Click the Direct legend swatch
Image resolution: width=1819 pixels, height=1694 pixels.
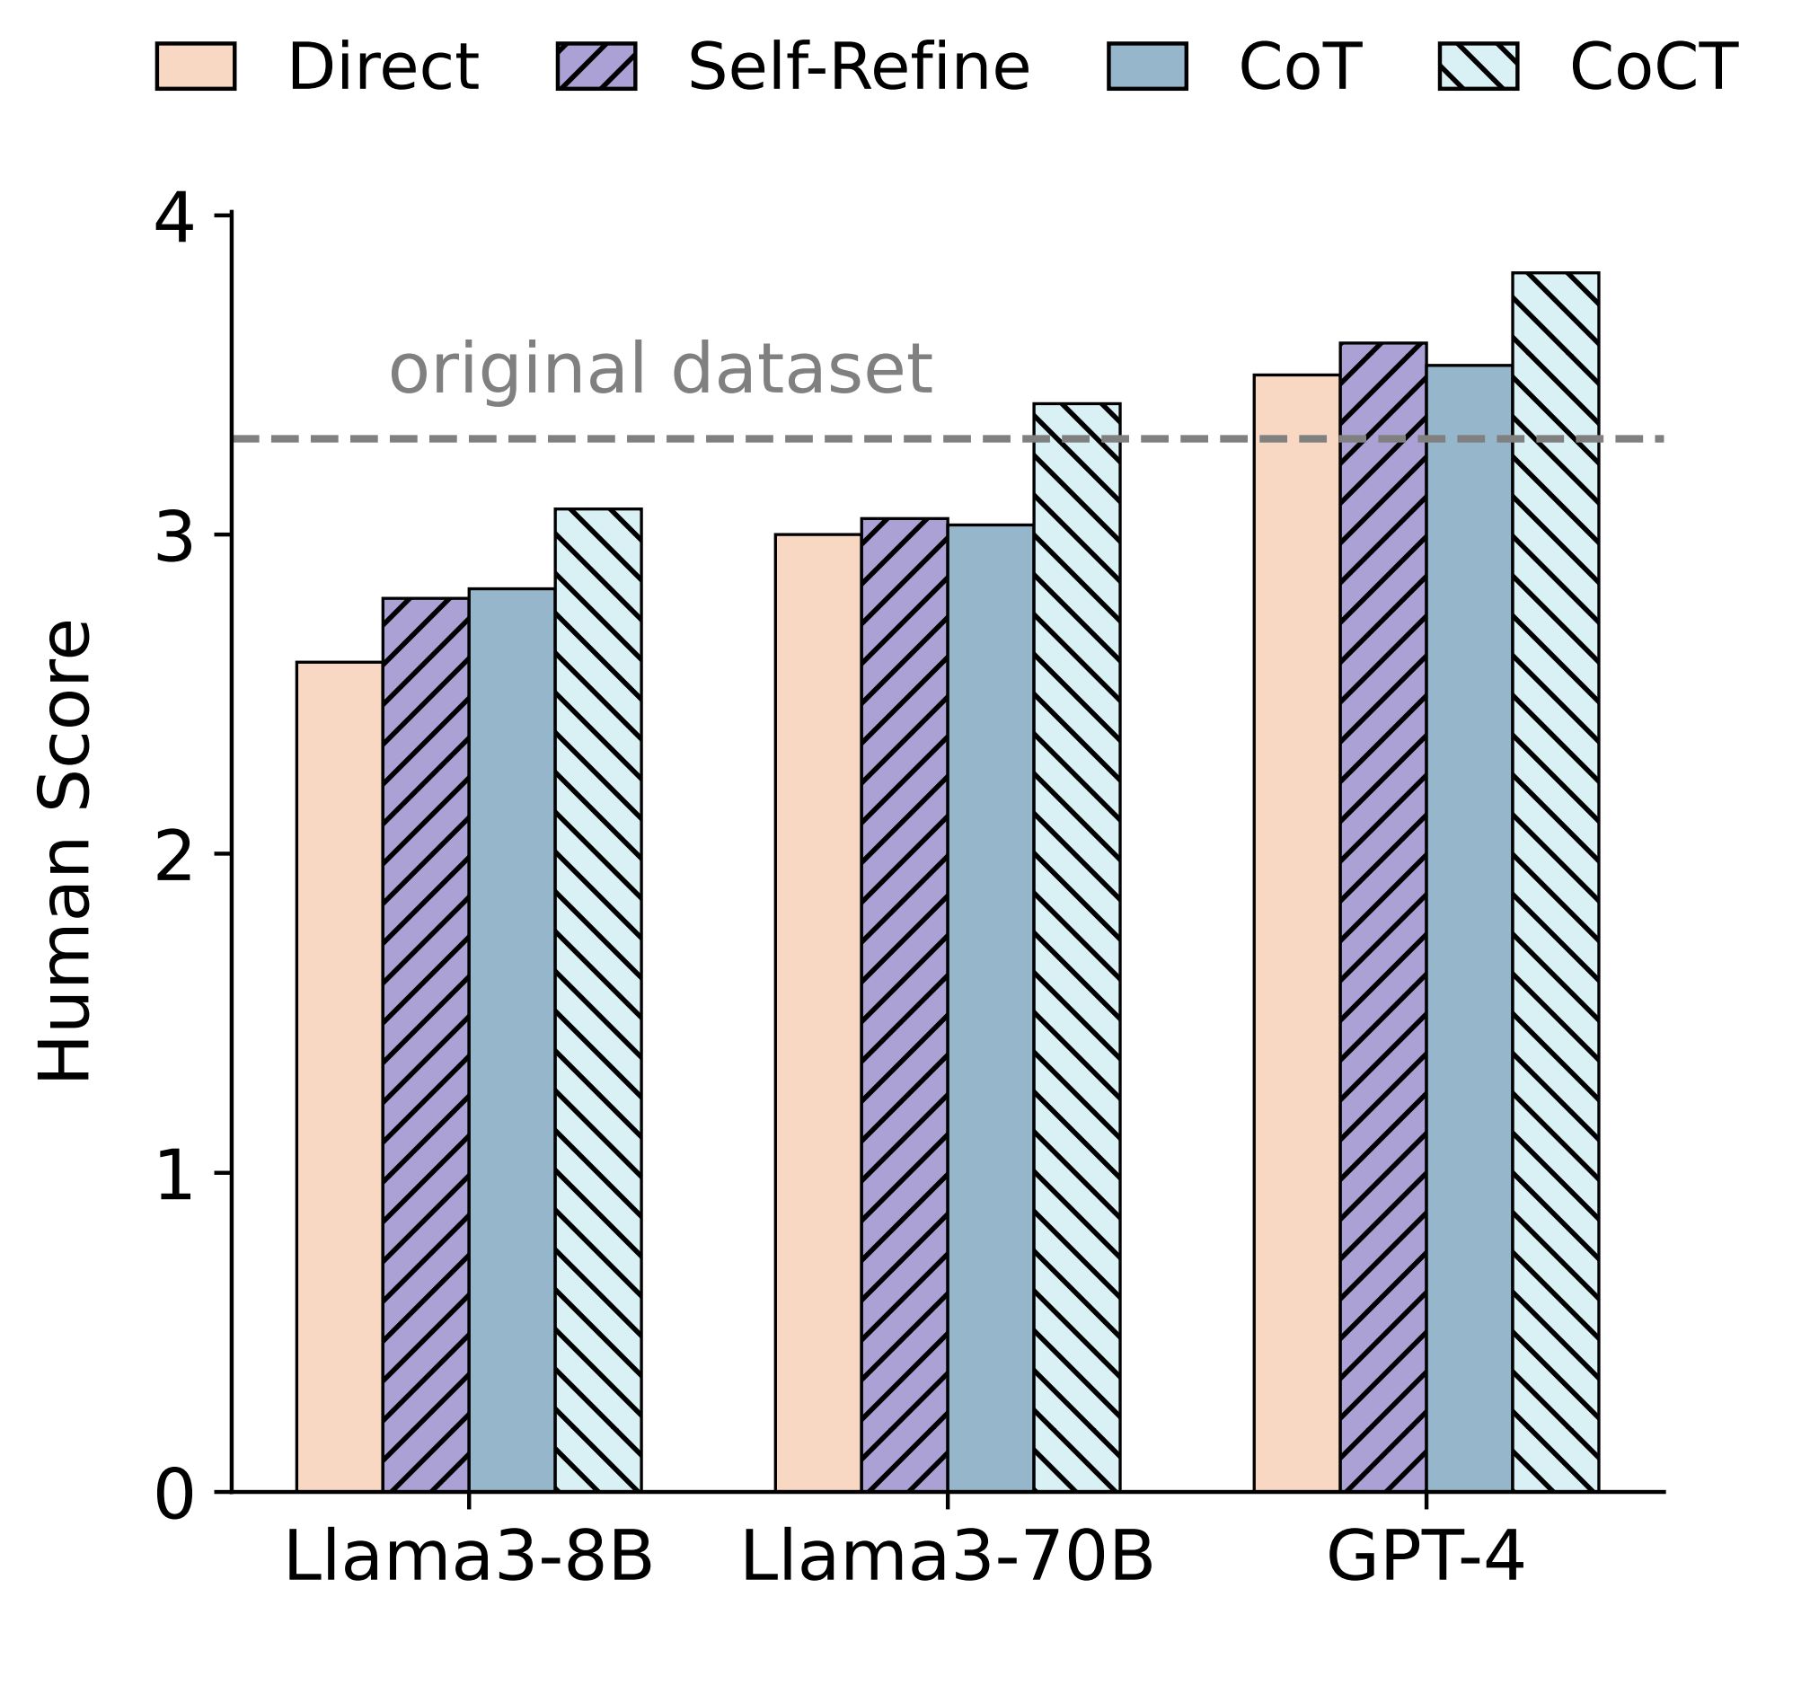click(x=196, y=66)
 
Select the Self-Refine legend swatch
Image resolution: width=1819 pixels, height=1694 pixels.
click(x=596, y=66)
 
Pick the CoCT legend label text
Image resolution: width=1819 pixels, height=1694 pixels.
click(x=1654, y=66)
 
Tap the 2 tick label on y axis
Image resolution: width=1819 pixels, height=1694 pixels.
click(x=174, y=859)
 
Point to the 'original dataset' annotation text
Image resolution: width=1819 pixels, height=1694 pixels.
click(x=660, y=369)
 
